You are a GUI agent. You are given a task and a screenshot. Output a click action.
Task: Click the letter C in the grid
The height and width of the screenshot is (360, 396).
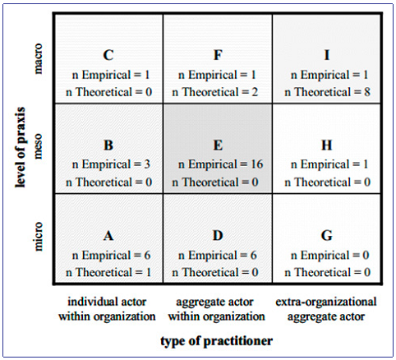click(108, 56)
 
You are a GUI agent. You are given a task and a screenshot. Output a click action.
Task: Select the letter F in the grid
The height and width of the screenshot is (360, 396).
click(218, 56)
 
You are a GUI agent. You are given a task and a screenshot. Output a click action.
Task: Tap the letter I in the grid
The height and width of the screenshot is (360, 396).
click(327, 56)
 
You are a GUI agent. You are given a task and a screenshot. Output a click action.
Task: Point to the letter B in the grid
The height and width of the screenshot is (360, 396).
click(108, 145)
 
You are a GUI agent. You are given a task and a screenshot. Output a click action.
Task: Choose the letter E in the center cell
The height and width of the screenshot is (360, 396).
click(218, 145)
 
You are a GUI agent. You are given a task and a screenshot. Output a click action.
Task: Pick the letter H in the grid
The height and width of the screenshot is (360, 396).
click(327, 145)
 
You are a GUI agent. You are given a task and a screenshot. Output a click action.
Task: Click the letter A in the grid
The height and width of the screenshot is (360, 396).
click(108, 236)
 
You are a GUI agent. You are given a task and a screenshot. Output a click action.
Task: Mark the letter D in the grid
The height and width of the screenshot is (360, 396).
click(218, 236)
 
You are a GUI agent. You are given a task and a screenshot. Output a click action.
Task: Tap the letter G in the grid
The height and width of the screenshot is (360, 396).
click(327, 236)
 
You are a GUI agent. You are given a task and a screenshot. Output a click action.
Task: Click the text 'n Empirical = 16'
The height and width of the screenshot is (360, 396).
click(218, 164)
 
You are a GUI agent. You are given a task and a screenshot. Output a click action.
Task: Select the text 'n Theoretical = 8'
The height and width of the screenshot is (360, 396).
click(327, 91)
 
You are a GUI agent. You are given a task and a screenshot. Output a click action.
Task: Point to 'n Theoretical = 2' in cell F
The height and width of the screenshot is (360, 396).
click(218, 91)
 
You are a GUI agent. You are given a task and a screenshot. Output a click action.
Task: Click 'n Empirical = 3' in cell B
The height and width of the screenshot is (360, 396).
click(108, 164)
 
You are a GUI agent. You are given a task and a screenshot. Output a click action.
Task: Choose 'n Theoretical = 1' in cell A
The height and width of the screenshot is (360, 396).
click(108, 272)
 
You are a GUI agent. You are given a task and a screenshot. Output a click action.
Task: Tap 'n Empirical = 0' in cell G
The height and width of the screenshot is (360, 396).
click(327, 255)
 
